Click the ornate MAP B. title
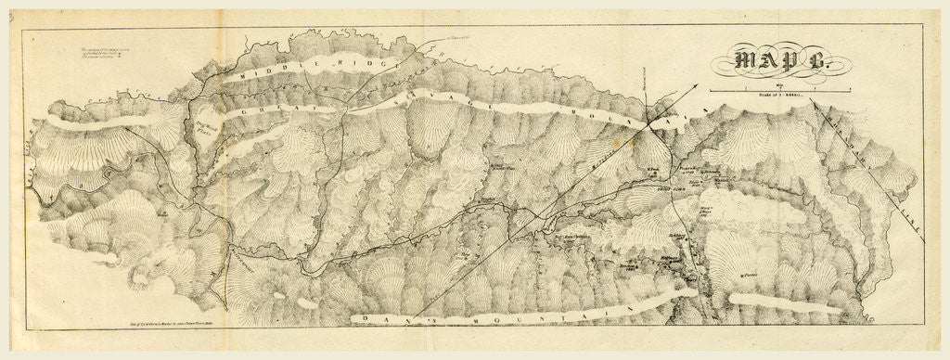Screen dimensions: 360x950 pyautogui.click(x=773, y=62)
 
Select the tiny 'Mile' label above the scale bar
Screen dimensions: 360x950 pyautogui.click(x=764, y=84)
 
